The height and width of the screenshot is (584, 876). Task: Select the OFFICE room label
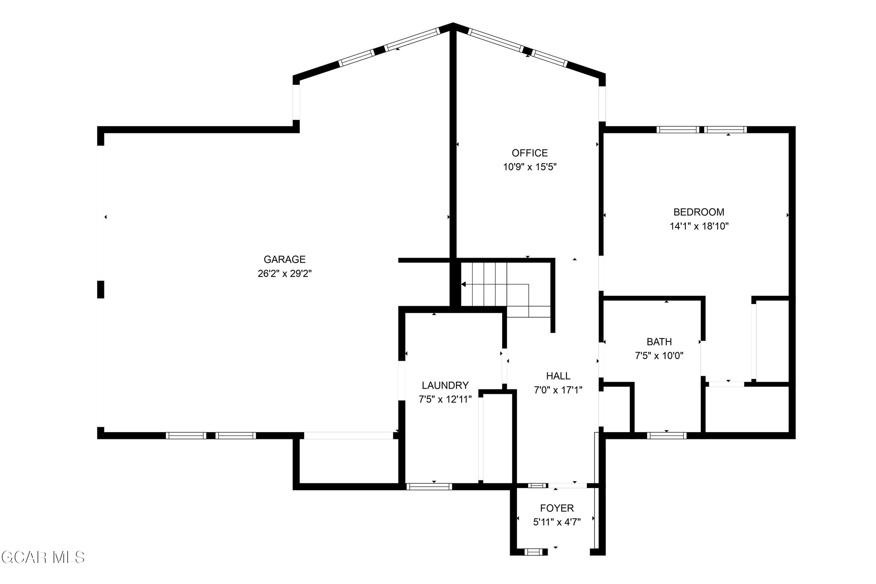coord(530,153)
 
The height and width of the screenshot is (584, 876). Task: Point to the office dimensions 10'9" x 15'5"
coord(530,167)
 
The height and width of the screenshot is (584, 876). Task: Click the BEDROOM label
coord(699,212)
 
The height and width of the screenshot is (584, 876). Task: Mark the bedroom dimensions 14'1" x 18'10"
coord(699,226)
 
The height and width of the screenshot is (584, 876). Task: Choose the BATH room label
coord(659,342)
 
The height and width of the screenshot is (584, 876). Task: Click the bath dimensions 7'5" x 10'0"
coord(659,356)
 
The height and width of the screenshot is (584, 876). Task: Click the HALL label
coord(558,376)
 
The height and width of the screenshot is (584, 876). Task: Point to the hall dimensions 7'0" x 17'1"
coord(558,390)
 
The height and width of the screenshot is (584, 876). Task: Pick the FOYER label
coord(557,508)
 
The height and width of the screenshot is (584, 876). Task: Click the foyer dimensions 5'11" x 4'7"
coord(557,522)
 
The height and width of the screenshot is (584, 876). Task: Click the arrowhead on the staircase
coord(464,284)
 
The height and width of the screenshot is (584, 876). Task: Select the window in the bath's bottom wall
coord(667,435)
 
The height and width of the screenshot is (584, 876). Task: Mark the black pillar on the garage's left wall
coord(100,289)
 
